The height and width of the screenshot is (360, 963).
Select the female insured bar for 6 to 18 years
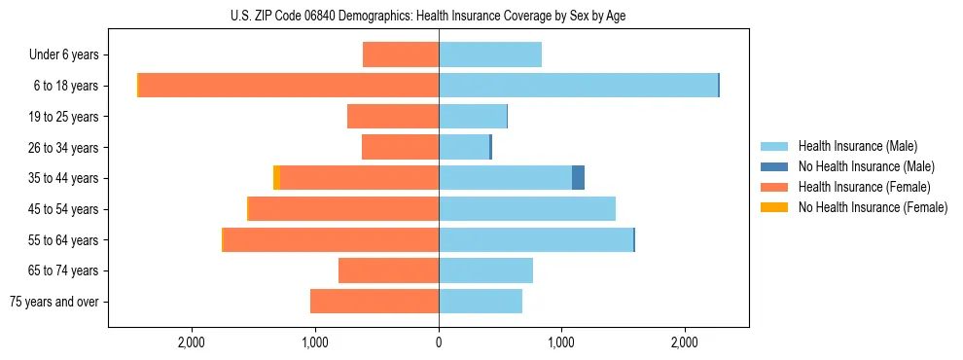(289, 85)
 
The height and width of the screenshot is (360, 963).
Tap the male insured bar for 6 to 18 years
(578, 85)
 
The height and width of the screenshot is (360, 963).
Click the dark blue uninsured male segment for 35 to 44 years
(578, 177)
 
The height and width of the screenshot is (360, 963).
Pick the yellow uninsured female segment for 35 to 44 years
(277, 177)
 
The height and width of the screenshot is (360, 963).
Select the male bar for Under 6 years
(490, 54)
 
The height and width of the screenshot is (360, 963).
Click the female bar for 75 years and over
(374, 302)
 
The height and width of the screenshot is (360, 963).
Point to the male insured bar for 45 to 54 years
(527, 208)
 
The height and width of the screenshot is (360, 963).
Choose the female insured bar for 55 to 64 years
(332, 239)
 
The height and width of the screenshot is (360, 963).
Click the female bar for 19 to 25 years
(393, 116)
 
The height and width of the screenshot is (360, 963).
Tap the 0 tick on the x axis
(439, 343)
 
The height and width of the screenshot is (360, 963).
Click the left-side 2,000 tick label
(192, 343)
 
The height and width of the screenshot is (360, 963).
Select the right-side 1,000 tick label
(561, 343)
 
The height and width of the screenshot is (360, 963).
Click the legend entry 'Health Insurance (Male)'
(856, 146)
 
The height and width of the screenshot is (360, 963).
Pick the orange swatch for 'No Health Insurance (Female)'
(775, 207)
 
